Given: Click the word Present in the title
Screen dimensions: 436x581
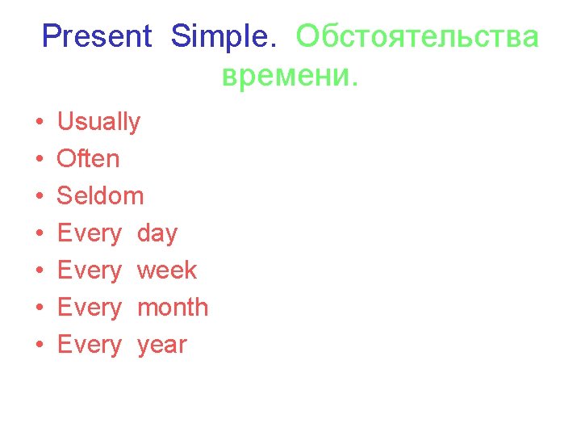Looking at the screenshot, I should [x=96, y=36].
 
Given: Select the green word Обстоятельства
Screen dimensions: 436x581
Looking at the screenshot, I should [x=416, y=36].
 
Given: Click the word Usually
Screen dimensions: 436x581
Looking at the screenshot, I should [x=98, y=123].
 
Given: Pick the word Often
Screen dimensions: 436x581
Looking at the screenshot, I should [x=88, y=159].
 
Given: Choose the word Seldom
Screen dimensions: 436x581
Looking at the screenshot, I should [x=100, y=196].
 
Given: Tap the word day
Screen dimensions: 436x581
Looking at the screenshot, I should [x=157, y=234].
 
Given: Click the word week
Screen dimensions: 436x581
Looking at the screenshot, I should [x=167, y=270].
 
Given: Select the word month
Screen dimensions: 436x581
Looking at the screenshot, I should [x=173, y=308].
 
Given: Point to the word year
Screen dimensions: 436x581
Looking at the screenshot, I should [x=161, y=346].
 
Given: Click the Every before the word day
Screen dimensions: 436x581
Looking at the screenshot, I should [x=89, y=234].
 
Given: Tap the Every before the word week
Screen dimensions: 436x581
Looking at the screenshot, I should [x=89, y=270].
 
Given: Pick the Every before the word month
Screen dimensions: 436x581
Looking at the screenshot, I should [x=89, y=308].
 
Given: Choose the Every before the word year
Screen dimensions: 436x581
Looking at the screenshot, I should [x=89, y=346].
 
